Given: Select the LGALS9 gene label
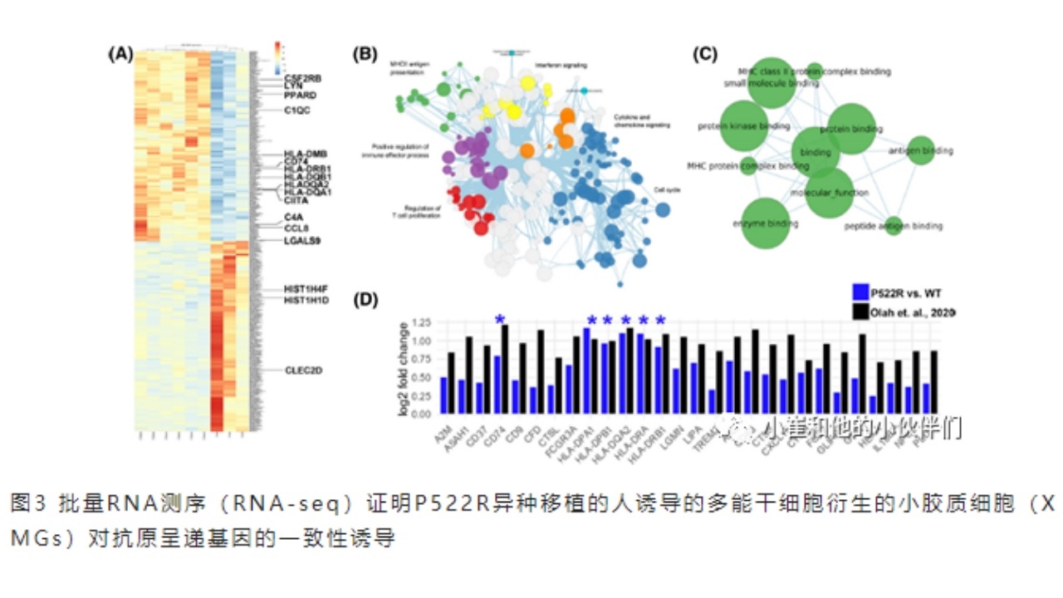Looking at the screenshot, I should pos(302,241).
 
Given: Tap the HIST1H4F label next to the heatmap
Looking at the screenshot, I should pos(306,289).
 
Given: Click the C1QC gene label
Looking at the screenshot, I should pos(296,110).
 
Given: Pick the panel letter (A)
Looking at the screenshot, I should pos(120,54).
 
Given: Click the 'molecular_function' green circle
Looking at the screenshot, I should pos(829,192).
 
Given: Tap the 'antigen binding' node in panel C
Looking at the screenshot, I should pos(920,150).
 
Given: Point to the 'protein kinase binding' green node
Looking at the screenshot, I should pos(743,126).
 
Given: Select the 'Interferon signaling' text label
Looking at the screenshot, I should pos(561,65).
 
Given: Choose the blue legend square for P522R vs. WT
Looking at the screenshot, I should pos(860,292).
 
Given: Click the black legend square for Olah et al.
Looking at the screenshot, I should pos(860,311).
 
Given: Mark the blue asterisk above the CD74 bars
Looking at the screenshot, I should pos(500,320).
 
